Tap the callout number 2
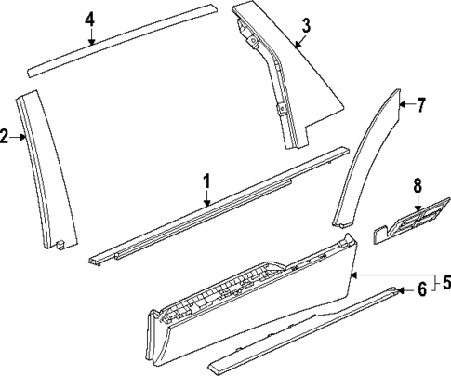point(6,138)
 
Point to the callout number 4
point(90,19)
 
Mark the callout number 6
point(421,290)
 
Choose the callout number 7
point(420,105)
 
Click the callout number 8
point(418,185)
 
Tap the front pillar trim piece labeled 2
point(45,168)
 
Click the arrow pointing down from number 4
point(90,37)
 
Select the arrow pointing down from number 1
point(207,196)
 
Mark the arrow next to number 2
point(21,138)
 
